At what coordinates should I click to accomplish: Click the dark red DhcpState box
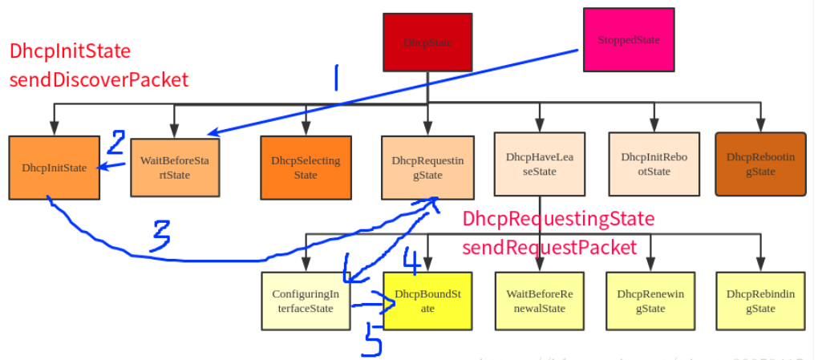tap(426, 41)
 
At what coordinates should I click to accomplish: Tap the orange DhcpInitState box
tap(55, 168)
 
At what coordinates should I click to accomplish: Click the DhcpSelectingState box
tap(306, 168)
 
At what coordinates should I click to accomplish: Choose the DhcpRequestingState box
tap(427, 168)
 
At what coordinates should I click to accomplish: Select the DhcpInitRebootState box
tap(654, 164)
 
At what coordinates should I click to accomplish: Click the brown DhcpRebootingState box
tap(760, 164)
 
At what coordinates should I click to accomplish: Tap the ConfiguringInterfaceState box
tap(306, 301)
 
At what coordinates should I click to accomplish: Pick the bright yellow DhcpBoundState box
tap(427, 301)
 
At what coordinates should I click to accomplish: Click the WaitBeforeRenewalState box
tap(540, 301)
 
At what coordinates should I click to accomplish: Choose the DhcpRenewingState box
tap(650, 301)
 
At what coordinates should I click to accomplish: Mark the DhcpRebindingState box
tap(760, 301)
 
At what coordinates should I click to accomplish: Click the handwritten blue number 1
tap(336, 78)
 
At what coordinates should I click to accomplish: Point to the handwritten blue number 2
tap(116, 143)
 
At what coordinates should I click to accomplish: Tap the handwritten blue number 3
tap(161, 236)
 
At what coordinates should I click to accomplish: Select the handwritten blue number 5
tap(373, 338)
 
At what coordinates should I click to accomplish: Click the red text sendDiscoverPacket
tap(99, 79)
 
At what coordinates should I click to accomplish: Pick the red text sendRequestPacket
tap(549, 247)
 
